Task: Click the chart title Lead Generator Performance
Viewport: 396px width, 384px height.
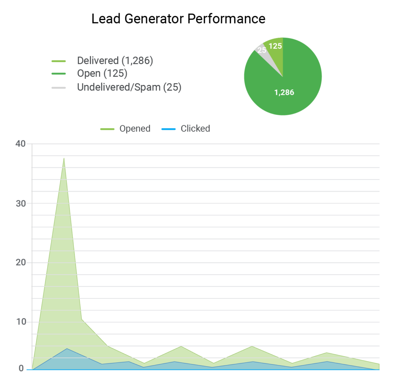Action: (178, 19)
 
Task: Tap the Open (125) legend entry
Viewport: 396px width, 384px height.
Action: (102, 73)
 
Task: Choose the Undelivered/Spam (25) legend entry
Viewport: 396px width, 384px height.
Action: (129, 87)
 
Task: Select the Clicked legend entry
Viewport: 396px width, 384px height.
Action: (195, 128)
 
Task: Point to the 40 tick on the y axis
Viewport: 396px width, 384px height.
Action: (20, 144)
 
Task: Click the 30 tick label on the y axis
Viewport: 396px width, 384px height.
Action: (20, 203)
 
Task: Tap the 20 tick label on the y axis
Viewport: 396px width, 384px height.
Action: (20, 263)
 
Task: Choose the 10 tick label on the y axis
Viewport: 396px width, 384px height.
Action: (20, 322)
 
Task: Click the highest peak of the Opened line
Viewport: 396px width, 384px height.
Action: (64, 158)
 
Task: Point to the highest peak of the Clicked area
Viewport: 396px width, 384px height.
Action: (67, 348)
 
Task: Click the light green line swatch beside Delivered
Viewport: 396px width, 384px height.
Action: (59, 61)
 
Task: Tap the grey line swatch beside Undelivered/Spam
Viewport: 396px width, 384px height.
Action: (59, 88)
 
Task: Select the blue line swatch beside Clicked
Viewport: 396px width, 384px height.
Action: (169, 129)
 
